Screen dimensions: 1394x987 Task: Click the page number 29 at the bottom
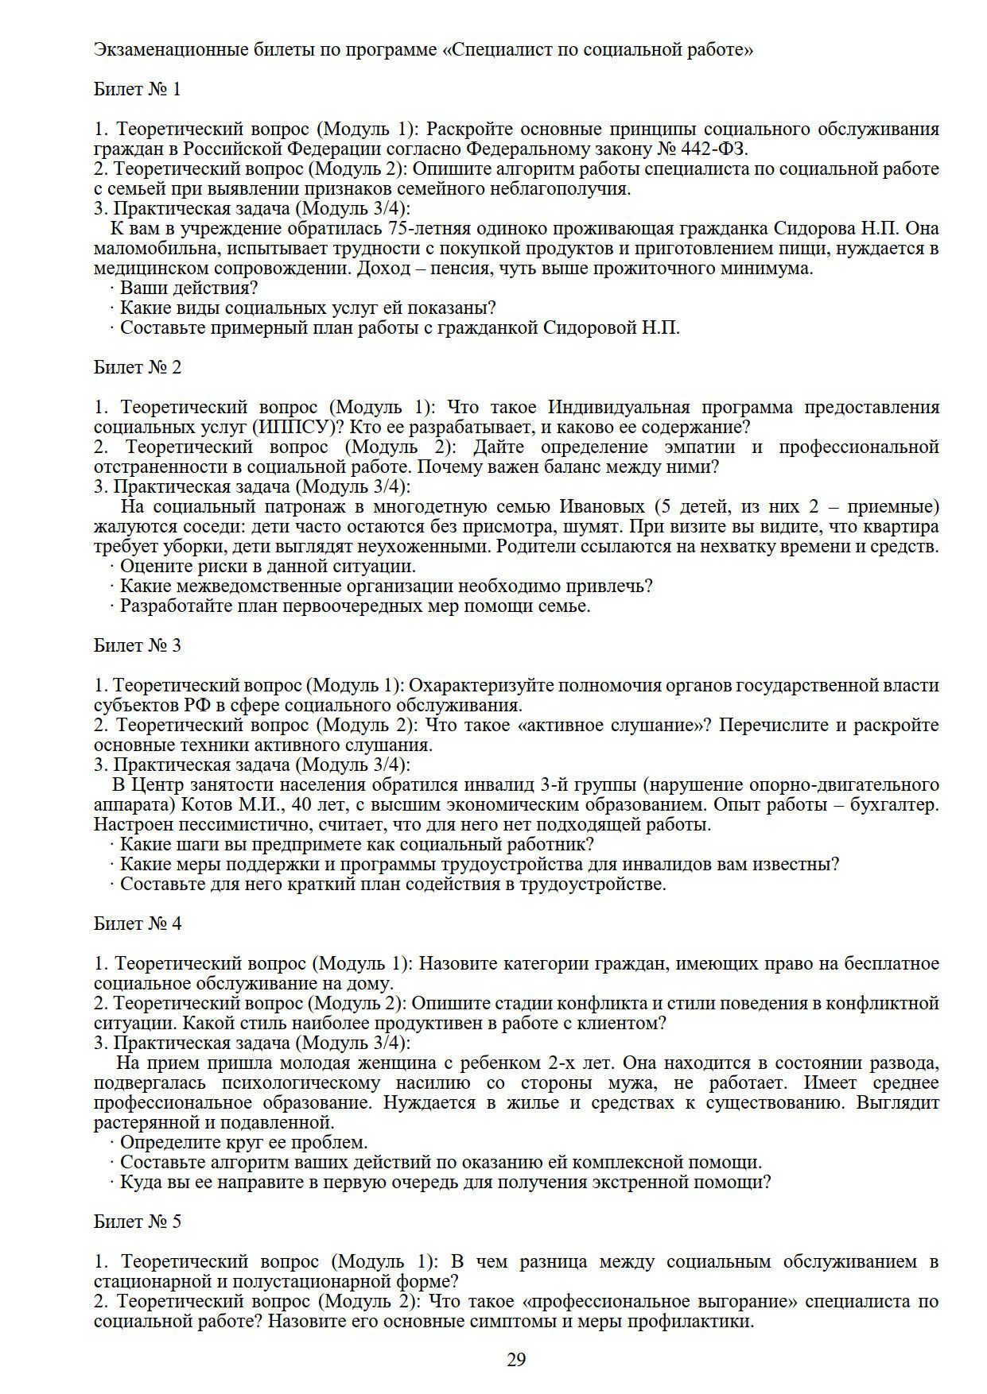516,1360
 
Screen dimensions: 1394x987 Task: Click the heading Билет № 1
138,89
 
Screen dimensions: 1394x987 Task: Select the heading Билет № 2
138,367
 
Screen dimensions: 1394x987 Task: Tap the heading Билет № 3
138,645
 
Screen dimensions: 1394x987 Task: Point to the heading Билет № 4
138,924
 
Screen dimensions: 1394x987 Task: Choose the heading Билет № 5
138,1222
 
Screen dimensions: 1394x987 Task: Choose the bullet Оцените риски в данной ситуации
267,567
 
